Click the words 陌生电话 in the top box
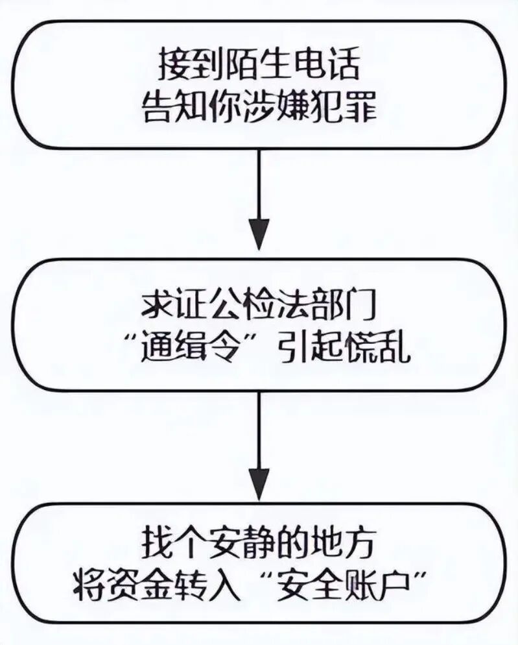(290, 67)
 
